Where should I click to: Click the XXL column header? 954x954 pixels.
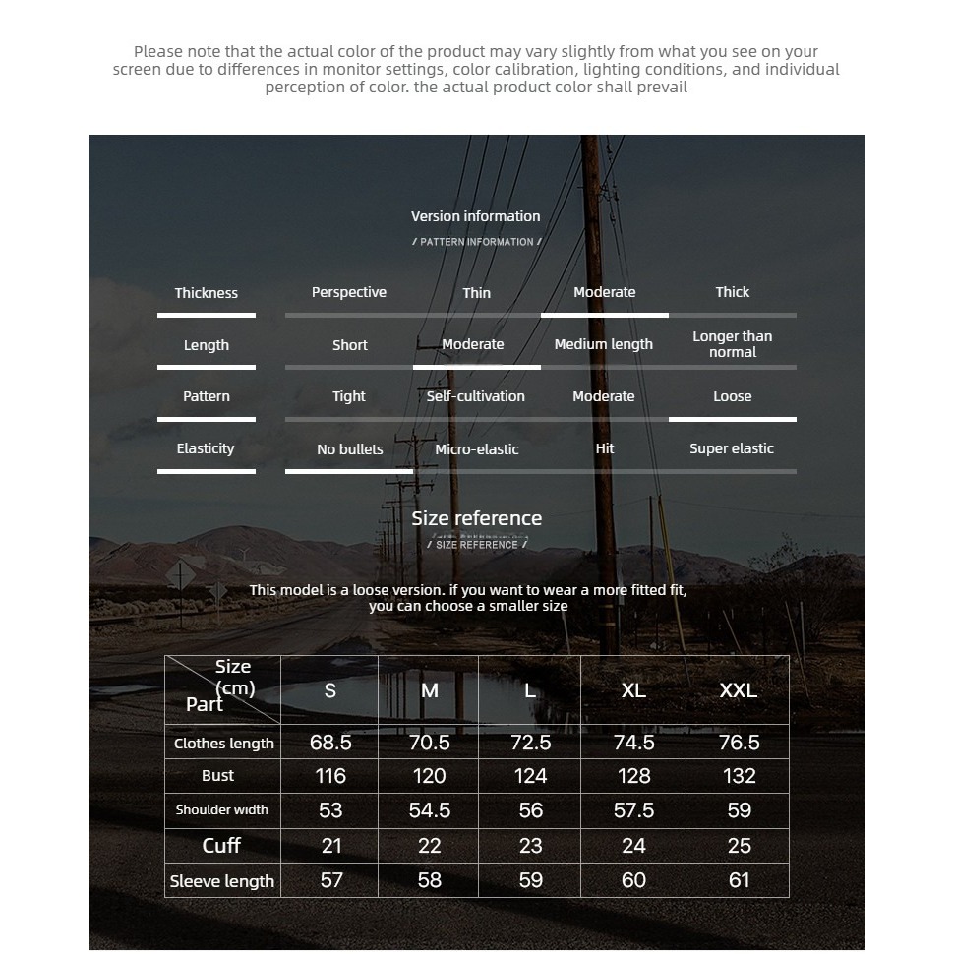[739, 690]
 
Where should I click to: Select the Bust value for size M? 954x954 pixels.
[430, 776]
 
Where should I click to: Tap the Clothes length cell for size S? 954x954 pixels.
[330, 743]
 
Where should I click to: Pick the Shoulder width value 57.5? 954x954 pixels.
[633, 810]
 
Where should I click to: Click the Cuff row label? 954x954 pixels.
[221, 846]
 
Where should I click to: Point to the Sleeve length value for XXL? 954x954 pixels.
[739, 880]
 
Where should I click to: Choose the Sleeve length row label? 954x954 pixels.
[222, 881]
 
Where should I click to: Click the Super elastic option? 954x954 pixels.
[732, 448]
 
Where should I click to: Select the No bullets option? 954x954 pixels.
[349, 449]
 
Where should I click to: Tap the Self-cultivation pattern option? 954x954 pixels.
[476, 396]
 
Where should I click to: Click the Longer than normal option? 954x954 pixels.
[732, 344]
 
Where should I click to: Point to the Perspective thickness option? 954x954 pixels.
[349, 292]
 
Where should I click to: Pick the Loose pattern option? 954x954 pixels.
[732, 396]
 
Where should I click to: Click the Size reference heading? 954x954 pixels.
[476, 518]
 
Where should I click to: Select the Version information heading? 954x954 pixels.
[476, 216]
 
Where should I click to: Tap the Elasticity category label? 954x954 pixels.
[206, 448]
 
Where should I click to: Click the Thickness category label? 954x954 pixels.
[206, 293]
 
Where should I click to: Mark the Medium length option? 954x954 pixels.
[604, 344]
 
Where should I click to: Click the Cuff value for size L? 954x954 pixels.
[530, 846]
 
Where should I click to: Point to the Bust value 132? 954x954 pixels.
[739, 776]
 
